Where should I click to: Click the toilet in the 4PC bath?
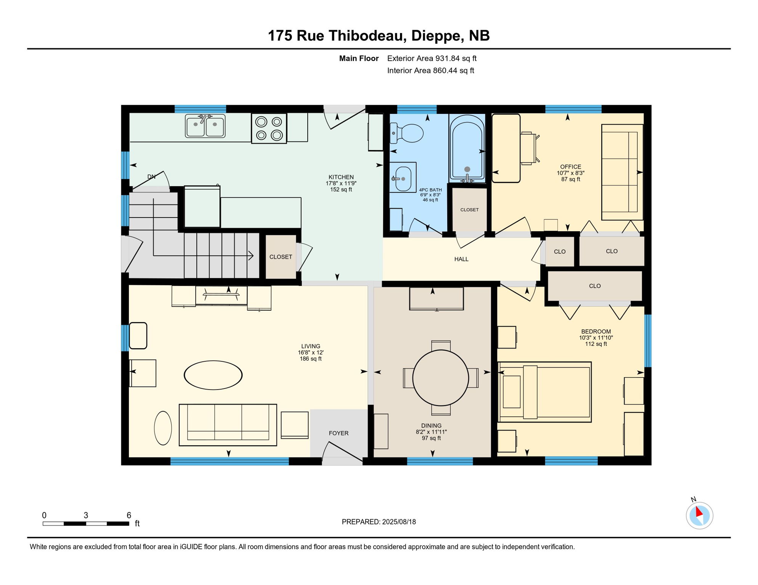406,133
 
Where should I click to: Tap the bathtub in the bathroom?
467,148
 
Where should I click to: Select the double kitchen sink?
205,126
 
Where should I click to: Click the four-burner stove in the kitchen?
269,128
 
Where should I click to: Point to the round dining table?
440,378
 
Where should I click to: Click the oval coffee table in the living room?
213,375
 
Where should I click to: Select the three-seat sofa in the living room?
228,425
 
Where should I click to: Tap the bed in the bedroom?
544,392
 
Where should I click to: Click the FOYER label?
339,433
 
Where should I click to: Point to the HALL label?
461,259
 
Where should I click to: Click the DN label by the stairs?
151,177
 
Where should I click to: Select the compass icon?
699,515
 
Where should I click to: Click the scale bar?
86,524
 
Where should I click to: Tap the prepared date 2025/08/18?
399,522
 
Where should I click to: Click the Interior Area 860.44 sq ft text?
430,70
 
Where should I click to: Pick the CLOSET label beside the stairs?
281,257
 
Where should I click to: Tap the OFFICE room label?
570,167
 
